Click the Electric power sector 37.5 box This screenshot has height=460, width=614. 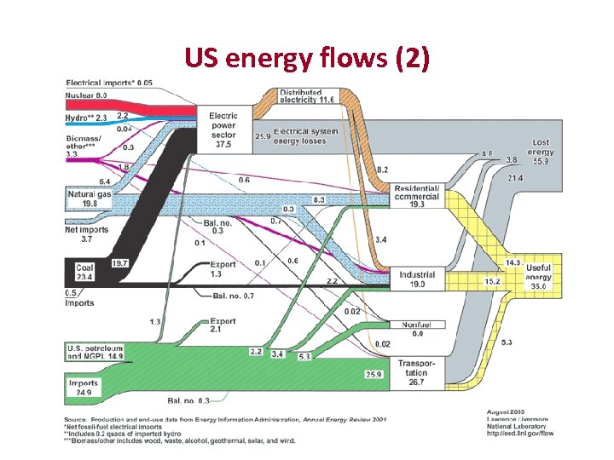pyautogui.click(x=223, y=130)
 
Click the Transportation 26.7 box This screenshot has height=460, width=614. pyautogui.click(x=416, y=373)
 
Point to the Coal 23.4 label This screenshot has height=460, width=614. pyautogui.click(x=84, y=271)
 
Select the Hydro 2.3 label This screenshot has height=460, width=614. pyautogui.click(x=86, y=117)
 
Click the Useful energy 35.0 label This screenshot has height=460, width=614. pyautogui.click(x=539, y=276)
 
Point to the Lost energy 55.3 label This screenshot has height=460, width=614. pyautogui.click(x=541, y=152)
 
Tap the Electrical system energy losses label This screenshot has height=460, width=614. pyautogui.click(x=305, y=136)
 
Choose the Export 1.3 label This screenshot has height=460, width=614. pyautogui.click(x=223, y=269)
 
